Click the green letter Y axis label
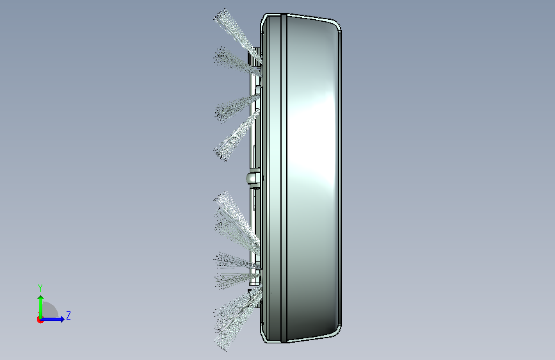[40, 288]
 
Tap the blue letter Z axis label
[68, 315]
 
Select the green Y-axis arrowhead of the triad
[41, 299]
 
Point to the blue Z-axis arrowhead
[61, 319]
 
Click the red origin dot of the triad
[40, 320]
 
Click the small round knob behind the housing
[253, 178]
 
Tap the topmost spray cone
[237, 35]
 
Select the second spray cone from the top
[236, 61]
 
